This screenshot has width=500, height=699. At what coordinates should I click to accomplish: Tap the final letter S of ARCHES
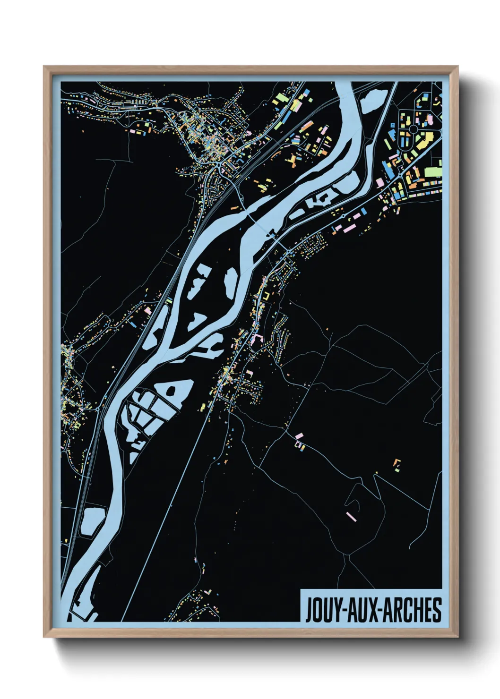pyautogui.click(x=438, y=610)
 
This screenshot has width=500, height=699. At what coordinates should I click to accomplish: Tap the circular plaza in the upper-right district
pyautogui.click(x=414, y=128)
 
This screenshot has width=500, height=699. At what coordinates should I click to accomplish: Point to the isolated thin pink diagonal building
pyautogui.click(x=351, y=516)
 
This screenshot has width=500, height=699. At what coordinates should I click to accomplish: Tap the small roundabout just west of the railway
pyautogui.click(x=98, y=410)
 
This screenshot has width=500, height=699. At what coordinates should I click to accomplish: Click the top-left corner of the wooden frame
pyautogui.click(x=44, y=67)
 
